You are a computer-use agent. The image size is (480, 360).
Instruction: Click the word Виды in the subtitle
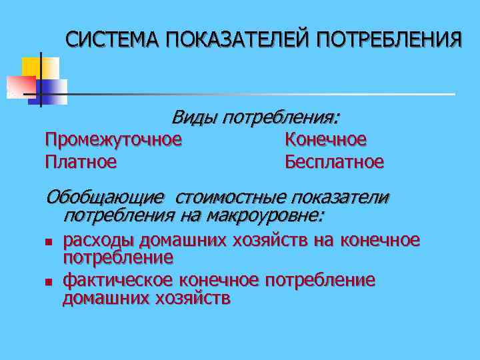[x=195, y=118]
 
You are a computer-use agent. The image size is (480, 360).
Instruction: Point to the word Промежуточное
[x=113, y=140]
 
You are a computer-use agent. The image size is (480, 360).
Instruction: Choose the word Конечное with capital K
[x=325, y=140]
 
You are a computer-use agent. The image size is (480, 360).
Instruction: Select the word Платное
[x=81, y=161]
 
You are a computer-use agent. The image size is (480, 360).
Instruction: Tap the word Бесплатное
[x=334, y=161]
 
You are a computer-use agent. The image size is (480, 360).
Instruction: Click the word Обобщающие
[x=105, y=198]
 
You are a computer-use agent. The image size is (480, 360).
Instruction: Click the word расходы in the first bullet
[x=97, y=240]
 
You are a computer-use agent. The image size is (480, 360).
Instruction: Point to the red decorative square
[x=20, y=85]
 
